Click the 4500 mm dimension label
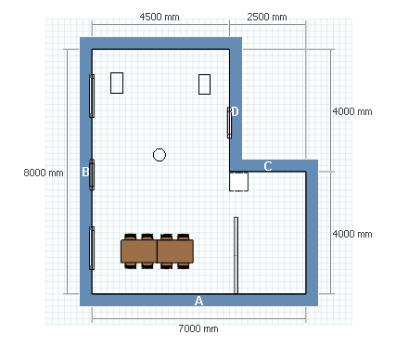click(160, 17)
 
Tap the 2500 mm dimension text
click(267, 17)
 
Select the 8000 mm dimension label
click(44, 173)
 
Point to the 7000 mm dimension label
click(198, 328)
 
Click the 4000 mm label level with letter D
click(352, 111)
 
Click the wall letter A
click(198, 301)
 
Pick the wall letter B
click(85, 172)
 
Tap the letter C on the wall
click(268, 166)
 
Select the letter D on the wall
click(235, 111)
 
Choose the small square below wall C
click(238, 182)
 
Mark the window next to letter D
click(229, 122)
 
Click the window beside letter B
click(92, 174)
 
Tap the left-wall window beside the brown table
click(92, 248)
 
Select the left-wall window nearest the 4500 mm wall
click(92, 96)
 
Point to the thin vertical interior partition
click(236, 255)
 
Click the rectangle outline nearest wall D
click(204, 84)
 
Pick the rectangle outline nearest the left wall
click(117, 83)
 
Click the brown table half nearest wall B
click(139, 251)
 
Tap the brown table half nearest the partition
click(175, 251)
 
